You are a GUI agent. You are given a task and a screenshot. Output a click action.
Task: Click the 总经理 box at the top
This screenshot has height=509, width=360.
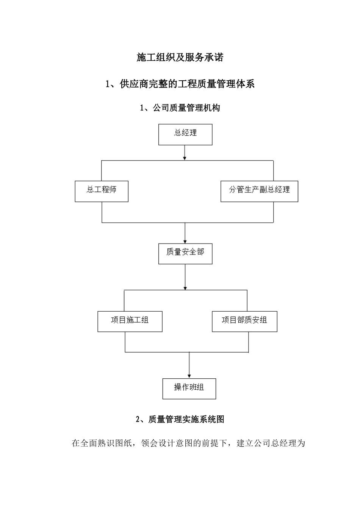click(185, 134)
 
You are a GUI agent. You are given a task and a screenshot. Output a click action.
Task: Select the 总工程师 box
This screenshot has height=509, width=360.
click(102, 191)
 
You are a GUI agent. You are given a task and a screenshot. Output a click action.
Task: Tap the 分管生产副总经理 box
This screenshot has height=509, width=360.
click(259, 191)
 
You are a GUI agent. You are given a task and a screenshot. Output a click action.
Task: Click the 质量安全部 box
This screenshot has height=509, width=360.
click(185, 253)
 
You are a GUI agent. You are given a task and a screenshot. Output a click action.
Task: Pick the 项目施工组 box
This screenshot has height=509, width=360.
click(130, 322)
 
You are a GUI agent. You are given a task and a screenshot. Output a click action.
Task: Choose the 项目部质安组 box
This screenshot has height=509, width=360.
click(244, 322)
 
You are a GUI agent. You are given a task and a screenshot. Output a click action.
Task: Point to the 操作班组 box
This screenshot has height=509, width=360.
click(189, 389)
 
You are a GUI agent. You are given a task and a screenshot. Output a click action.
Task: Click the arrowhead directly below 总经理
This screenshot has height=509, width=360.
click(185, 157)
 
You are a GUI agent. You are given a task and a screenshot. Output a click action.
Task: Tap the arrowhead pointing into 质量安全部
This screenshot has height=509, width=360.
click(185, 240)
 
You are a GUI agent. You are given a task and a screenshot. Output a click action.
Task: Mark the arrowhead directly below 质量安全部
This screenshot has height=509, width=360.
click(185, 287)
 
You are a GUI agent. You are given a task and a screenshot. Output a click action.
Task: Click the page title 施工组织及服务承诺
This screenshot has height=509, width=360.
click(180, 58)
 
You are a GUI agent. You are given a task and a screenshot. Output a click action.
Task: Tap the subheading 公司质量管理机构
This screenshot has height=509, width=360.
click(186, 108)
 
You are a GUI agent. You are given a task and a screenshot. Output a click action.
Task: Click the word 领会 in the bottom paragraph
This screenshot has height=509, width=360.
click(150, 443)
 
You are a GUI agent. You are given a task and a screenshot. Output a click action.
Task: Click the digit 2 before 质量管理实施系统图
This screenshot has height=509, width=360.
click(138, 420)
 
